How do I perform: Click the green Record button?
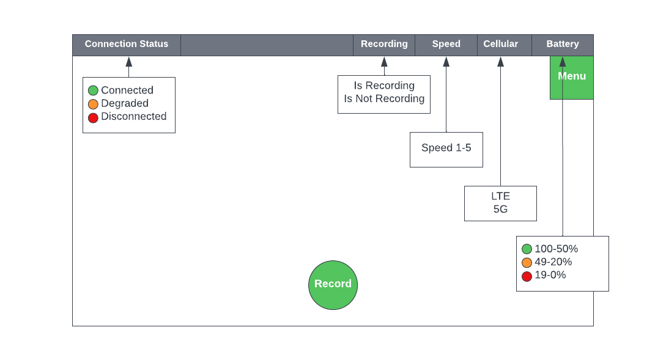pyautogui.click(x=333, y=285)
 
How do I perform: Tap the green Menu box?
pyautogui.click(x=572, y=78)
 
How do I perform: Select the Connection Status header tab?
pyautogui.click(x=127, y=45)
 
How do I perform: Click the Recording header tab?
pyautogui.click(x=384, y=45)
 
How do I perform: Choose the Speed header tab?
pyautogui.click(x=446, y=45)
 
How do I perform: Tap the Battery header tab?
pyautogui.click(x=563, y=45)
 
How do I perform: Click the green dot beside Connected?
pyautogui.click(x=93, y=90)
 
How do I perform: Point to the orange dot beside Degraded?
pyautogui.click(x=93, y=104)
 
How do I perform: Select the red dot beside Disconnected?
pyautogui.click(x=93, y=117)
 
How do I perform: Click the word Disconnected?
pyautogui.click(x=134, y=116)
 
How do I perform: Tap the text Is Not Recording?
pyautogui.click(x=384, y=98)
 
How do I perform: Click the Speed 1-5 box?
pyautogui.click(x=446, y=149)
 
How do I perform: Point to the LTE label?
pyautogui.click(x=500, y=196)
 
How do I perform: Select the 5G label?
pyautogui.click(x=500, y=209)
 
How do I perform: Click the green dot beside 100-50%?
pyautogui.click(x=527, y=249)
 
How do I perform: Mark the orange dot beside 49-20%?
pyautogui.click(x=527, y=263)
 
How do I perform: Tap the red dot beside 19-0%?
pyautogui.click(x=527, y=276)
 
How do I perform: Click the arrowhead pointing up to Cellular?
pyautogui.click(x=500, y=62)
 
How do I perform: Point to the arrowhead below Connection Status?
pyautogui.click(x=128, y=62)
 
